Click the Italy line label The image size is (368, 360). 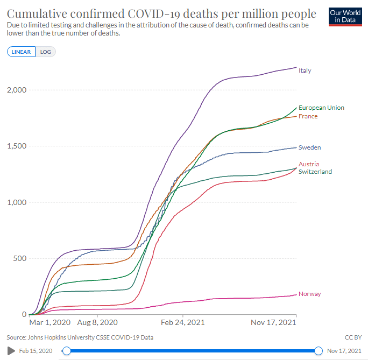pos(305,70)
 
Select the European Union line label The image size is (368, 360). pos(321,108)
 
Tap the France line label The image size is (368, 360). pos(308,116)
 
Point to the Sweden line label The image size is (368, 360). pos(309,147)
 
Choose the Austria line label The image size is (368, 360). pos(308,164)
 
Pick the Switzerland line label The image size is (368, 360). pos(315,172)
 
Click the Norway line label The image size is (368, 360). pos(309,294)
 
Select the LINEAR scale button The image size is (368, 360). pos(22,52)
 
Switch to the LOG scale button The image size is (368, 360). pos(46,52)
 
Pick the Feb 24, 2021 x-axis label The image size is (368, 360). pos(183,323)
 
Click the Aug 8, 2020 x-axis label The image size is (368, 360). pos(98,323)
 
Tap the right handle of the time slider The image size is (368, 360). pos(318,351)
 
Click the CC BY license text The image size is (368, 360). pos(351,337)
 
